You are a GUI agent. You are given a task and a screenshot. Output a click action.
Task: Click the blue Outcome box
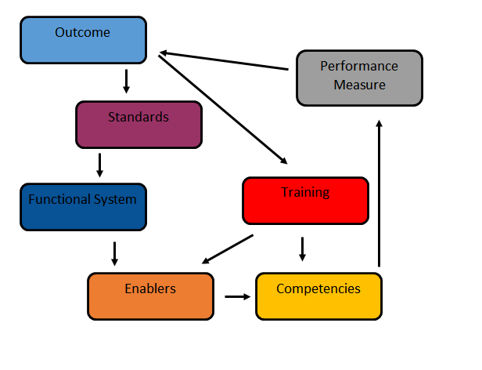(x=83, y=40)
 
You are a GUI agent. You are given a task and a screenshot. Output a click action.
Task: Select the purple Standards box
(x=139, y=125)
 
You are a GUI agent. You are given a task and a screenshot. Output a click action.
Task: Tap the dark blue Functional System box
(x=83, y=207)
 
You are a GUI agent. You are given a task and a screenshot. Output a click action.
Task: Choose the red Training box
(x=305, y=201)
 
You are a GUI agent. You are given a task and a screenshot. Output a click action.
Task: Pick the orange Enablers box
(x=150, y=296)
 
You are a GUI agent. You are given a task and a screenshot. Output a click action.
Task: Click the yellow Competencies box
(x=318, y=296)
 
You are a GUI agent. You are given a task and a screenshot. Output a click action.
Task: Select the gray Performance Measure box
(x=360, y=78)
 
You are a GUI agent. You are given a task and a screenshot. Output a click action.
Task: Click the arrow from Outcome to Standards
(x=126, y=82)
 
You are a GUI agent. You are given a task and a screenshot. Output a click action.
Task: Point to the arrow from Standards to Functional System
(x=99, y=165)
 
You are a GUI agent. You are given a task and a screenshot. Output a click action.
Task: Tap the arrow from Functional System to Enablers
(x=115, y=254)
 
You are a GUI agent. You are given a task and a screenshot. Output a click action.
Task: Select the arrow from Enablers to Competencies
(x=238, y=296)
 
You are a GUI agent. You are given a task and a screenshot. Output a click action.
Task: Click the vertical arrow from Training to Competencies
(x=303, y=249)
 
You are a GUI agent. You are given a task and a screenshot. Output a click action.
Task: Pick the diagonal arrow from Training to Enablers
(x=228, y=249)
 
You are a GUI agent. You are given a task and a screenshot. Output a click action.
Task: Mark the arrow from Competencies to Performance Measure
(x=379, y=193)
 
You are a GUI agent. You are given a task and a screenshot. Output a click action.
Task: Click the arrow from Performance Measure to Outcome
(x=224, y=60)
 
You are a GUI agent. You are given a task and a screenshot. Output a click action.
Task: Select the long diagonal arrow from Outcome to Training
(x=223, y=110)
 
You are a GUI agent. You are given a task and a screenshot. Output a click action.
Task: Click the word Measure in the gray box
(x=360, y=85)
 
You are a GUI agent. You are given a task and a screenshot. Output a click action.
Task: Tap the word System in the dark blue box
(x=115, y=200)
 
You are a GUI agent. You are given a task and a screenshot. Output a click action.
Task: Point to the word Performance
(x=359, y=66)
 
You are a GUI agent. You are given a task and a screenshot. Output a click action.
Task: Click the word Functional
(x=59, y=199)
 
